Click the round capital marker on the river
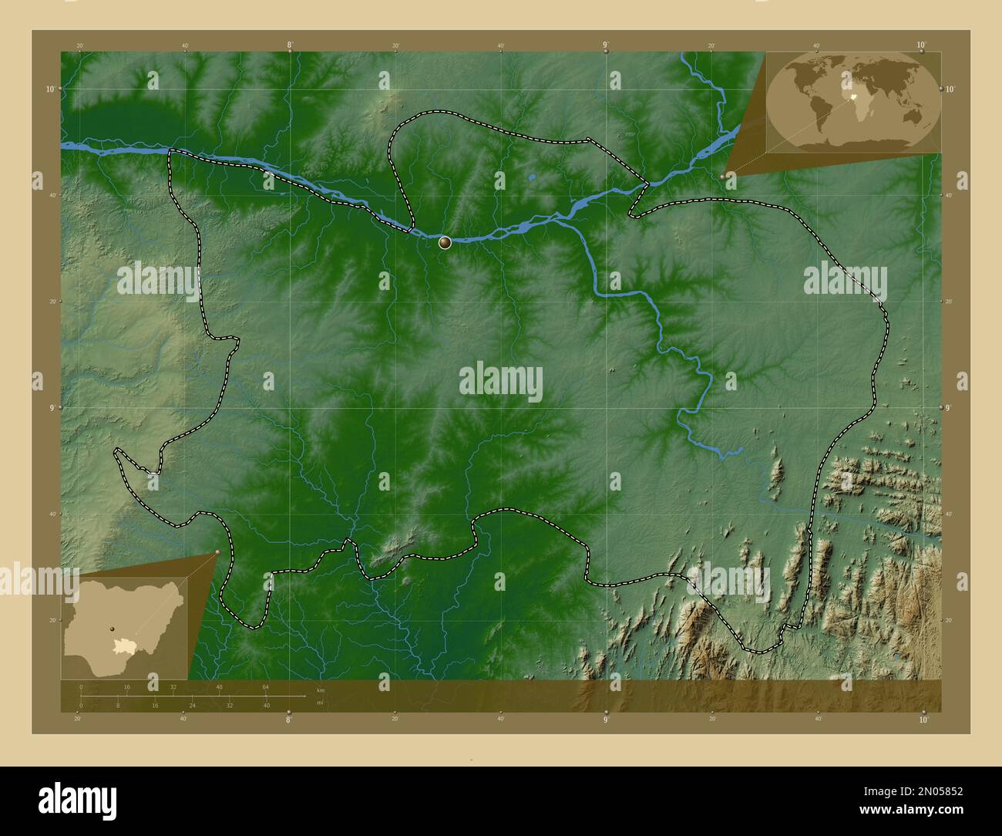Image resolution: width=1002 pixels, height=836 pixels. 445,243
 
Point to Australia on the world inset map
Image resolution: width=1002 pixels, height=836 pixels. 913,116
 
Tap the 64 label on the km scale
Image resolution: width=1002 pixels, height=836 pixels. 265,686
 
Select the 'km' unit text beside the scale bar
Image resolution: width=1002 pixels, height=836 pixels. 321,689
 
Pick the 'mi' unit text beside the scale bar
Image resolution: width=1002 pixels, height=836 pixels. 320,703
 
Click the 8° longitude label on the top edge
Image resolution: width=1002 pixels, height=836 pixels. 290,46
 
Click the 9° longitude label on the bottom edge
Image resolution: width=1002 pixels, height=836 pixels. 606,720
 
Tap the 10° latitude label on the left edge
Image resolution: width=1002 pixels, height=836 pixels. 49,89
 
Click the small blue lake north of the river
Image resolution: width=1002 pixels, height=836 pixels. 532,177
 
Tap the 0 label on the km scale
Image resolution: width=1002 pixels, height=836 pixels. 81,686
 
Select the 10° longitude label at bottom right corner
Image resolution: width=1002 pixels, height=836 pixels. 923,720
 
